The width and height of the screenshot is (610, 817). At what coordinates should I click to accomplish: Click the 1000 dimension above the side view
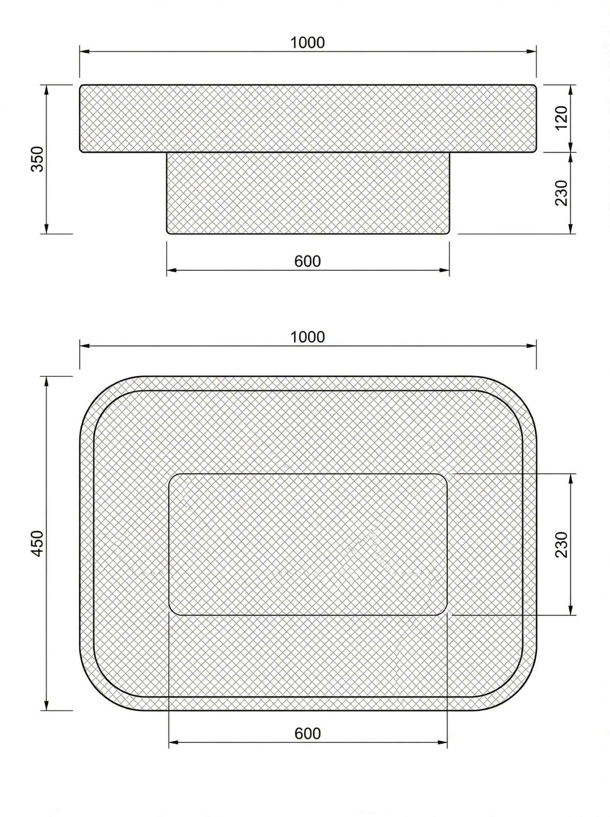(x=308, y=43)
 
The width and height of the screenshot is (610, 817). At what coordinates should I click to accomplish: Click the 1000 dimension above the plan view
(x=308, y=337)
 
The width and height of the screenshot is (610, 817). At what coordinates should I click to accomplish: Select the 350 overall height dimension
(x=37, y=159)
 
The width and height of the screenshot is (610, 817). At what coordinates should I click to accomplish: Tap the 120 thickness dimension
(x=561, y=118)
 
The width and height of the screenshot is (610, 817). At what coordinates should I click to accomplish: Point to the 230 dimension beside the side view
(x=561, y=193)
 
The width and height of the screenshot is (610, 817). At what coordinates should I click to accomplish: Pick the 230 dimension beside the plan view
(x=561, y=545)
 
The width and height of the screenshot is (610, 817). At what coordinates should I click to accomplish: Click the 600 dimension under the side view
(x=308, y=261)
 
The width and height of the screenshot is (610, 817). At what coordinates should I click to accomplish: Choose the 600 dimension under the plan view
(x=308, y=734)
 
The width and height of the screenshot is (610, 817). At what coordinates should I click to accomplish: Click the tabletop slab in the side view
(x=308, y=118)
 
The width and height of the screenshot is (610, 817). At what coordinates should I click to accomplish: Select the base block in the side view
(x=308, y=193)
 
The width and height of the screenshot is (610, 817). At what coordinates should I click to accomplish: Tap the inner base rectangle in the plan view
(x=308, y=544)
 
